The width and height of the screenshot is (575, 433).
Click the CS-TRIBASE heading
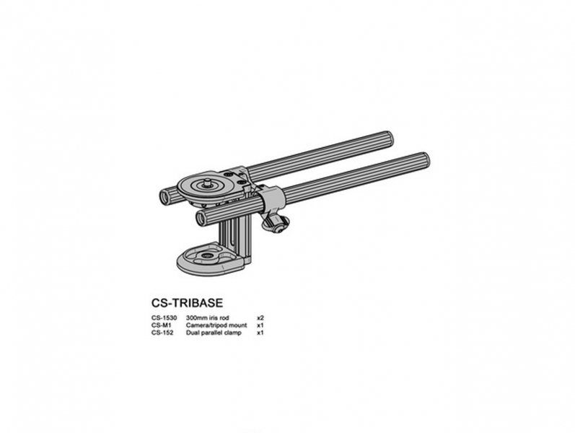pos(187,303)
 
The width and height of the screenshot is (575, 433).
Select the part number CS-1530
pos(164,318)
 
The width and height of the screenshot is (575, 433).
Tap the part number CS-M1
pos(161,325)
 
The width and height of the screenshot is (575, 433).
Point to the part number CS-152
pos(162,333)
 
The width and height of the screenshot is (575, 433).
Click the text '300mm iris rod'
pos(208,318)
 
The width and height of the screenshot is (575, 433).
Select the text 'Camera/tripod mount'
pos(216,325)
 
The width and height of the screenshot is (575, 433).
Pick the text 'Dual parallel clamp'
pos(214,333)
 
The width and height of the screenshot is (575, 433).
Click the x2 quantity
pos(260,318)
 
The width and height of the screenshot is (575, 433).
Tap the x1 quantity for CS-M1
pos(260,325)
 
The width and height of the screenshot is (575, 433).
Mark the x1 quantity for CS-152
pos(260,333)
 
